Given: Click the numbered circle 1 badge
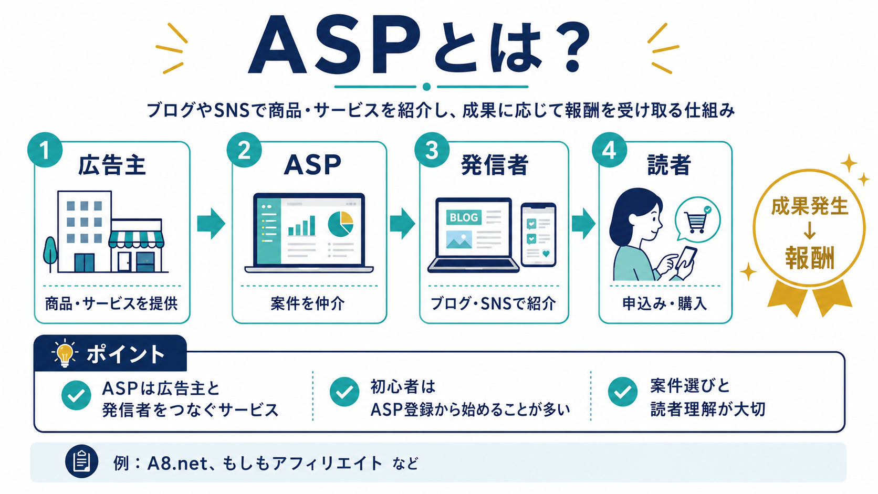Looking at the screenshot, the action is click(45, 150).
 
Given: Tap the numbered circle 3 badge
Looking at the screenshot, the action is click(432, 150).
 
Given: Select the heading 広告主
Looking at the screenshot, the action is click(112, 165).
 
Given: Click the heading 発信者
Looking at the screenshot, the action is click(495, 165).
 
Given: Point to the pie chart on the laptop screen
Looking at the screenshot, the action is click(341, 224).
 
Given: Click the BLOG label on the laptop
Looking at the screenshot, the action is click(464, 217).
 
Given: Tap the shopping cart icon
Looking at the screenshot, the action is click(696, 222).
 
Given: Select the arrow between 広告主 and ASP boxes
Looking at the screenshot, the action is click(211, 223).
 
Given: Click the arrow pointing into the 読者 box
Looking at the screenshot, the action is click(583, 223).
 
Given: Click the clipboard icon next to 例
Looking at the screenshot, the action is click(81, 461).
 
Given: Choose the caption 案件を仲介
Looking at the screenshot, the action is click(308, 303).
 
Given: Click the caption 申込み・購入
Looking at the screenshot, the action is click(665, 303).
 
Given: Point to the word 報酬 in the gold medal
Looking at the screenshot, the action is click(810, 258).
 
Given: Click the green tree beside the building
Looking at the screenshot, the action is click(50, 254).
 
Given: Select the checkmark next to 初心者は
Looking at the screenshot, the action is click(344, 391).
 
